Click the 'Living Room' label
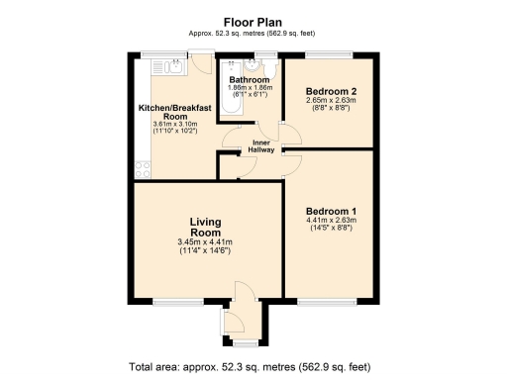[205, 227]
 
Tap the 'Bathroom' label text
[249, 79]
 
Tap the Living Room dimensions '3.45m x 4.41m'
[205, 241]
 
